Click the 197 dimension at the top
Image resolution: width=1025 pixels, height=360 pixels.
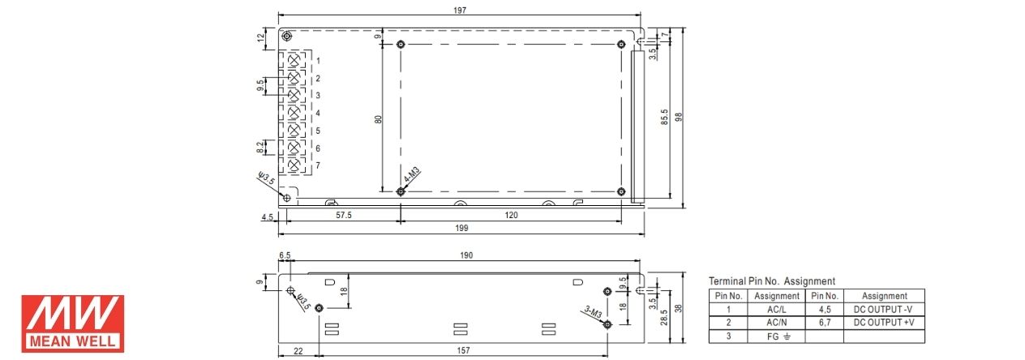pyautogui.click(x=460, y=10)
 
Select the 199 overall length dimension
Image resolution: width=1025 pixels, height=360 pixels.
pyautogui.click(x=461, y=228)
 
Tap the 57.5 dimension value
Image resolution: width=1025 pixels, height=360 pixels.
pyautogui.click(x=344, y=215)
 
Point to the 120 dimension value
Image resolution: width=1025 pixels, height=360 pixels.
pyautogui.click(x=511, y=215)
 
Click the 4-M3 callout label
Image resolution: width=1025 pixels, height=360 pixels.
pyautogui.click(x=412, y=175)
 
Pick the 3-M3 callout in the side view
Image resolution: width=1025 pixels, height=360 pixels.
pyautogui.click(x=593, y=313)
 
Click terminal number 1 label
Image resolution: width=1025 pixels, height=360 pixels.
pyautogui.click(x=318, y=61)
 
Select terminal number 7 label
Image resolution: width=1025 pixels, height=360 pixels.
pyautogui.click(x=318, y=165)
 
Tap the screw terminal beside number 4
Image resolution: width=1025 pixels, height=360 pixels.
pyautogui.click(x=294, y=113)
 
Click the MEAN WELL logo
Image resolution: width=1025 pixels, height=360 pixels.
pyautogui.click(x=73, y=324)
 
